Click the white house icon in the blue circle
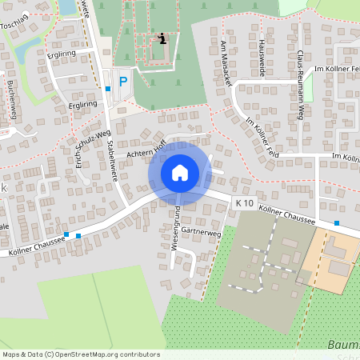pyautogui.click(x=180, y=173)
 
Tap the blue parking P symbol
pyautogui.click(x=122, y=81)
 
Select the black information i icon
pyautogui.click(x=162, y=38)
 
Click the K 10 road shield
pyautogui.click(x=245, y=204)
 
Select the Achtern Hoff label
pyautogui.click(x=141, y=146)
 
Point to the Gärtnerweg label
pyautogui.click(x=201, y=232)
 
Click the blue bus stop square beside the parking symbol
pyautogui.click(x=107, y=90)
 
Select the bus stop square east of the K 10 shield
pyautogui.click(x=337, y=223)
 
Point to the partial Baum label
pyautogui.click(x=344, y=346)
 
